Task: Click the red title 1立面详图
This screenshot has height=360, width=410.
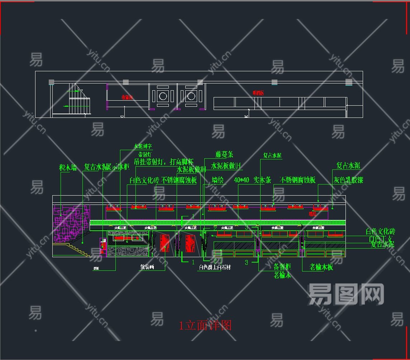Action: pyautogui.click(x=205, y=325)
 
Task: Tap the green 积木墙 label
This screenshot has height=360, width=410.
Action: pyautogui.click(x=68, y=168)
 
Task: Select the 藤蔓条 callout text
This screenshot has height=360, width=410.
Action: pyautogui.click(x=224, y=154)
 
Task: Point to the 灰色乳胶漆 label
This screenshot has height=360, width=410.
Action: pyautogui.click(x=348, y=180)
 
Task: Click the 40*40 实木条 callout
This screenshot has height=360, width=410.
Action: pyautogui.click(x=252, y=180)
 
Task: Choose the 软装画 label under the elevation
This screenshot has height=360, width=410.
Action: pyautogui.click(x=147, y=267)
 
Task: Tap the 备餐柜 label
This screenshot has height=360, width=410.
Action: pyautogui.click(x=282, y=267)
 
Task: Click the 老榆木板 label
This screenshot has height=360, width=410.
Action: pyautogui.click(x=321, y=267)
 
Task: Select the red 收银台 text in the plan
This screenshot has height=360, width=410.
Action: pyautogui.click(x=127, y=97)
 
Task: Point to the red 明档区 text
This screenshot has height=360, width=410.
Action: pyautogui.click(x=258, y=93)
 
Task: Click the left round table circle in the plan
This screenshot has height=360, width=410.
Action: pyautogui.click(x=163, y=96)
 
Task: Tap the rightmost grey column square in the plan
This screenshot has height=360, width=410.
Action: pyautogui.click(x=349, y=82)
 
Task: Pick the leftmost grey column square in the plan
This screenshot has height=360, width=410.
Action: pyautogui.click(x=52, y=82)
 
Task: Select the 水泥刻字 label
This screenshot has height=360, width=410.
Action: pyautogui.click(x=143, y=146)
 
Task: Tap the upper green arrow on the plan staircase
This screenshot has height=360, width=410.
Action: pyautogui.click(x=73, y=91)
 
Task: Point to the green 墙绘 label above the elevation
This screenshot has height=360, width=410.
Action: pyautogui.click(x=218, y=180)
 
